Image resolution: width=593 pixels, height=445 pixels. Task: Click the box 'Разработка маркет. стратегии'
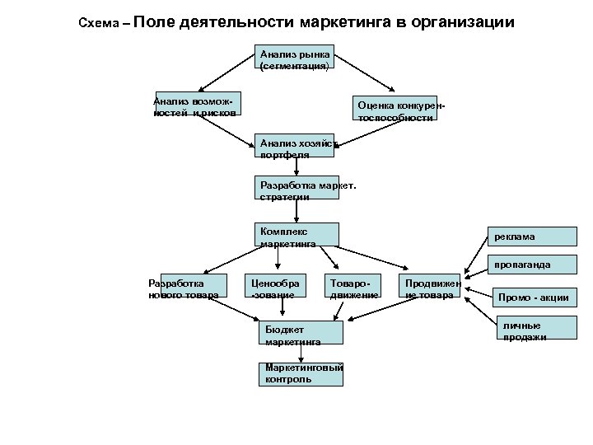pos(297,189)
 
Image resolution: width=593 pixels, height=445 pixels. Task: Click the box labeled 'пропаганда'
pos(521,265)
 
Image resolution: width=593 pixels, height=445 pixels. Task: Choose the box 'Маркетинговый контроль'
pos(301,373)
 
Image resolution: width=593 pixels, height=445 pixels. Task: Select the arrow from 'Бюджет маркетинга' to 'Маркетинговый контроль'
pos(302,353)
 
